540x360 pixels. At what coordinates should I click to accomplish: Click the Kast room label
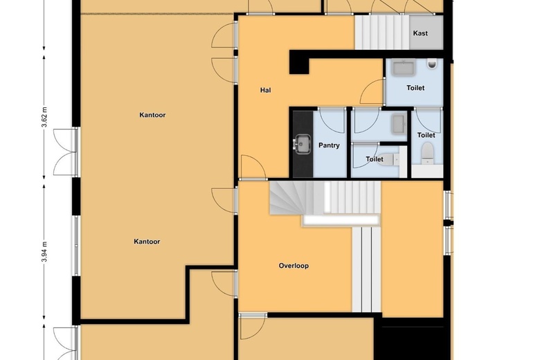coord(420,33)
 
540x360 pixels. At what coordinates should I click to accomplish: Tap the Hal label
coord(266,90)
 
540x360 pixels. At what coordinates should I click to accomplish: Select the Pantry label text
coord(329,145)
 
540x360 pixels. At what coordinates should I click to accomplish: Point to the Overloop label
coord(294,266)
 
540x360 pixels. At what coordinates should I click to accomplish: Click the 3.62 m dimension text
coord(44,117)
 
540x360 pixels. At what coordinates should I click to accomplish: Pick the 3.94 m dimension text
coord(44,251)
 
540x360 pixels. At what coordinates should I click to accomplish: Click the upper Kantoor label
coord(152,115)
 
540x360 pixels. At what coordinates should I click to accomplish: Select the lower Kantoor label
coord(147,242)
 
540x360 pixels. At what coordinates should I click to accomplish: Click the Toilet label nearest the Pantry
coord(375,159)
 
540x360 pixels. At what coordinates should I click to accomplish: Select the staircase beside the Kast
coord(382,33)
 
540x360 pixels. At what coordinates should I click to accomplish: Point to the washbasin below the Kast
coord(404,68)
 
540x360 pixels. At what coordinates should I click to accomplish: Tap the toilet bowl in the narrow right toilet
coord(427,151)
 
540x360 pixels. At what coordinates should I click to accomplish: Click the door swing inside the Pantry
coord(332,121)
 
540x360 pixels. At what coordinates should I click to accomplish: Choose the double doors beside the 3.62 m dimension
coord(66,152)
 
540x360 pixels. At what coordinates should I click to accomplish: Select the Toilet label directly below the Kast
coord(415,88)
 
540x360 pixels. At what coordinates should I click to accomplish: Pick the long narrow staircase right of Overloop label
coord(366,269)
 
